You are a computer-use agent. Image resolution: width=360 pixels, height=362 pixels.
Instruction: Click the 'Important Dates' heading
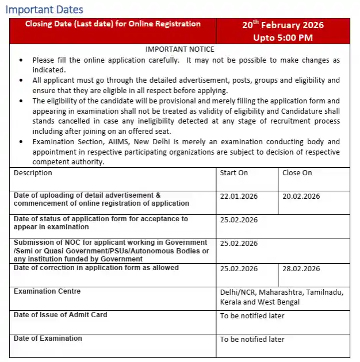(x=44, y=10)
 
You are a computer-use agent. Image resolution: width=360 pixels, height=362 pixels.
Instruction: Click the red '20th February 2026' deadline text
(x=282, y=25)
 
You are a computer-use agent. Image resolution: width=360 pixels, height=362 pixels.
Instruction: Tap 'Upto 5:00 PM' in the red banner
(x=282, y=37)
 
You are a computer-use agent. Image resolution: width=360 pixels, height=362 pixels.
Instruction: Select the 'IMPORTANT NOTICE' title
(x=179, y=49)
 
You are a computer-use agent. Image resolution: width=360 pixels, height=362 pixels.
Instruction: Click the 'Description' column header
(x=33, y=173)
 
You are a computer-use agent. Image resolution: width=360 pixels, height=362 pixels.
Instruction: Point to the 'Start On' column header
(x=233, y=173)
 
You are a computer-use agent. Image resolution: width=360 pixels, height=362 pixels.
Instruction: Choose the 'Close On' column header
(x=297, y=173)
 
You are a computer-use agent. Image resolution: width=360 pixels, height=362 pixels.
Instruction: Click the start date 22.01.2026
(x=239, y=196)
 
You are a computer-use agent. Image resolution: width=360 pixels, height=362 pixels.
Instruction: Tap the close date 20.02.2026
(x=301, y=196)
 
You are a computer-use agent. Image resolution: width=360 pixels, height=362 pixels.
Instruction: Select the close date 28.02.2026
(x=301, y=269)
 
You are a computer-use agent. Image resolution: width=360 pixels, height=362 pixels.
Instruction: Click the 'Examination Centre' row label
(x=47, y=291)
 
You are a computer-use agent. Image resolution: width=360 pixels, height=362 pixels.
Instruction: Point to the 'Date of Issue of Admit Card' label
(x=60, y=315)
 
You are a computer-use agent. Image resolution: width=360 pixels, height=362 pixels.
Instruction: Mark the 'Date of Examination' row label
(x=48, y=338)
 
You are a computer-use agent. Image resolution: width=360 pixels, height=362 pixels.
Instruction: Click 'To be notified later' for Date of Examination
(x=252, y=339)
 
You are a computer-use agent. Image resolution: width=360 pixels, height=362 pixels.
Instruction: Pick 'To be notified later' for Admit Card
(x=252, y=315)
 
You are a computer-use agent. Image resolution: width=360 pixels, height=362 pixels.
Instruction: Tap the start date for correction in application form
(x=239, y=269)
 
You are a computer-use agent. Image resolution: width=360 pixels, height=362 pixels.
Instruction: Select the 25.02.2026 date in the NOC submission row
(x=239, y=243)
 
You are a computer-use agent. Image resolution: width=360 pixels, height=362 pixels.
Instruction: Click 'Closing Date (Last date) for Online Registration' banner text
(x=113, y=24)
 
